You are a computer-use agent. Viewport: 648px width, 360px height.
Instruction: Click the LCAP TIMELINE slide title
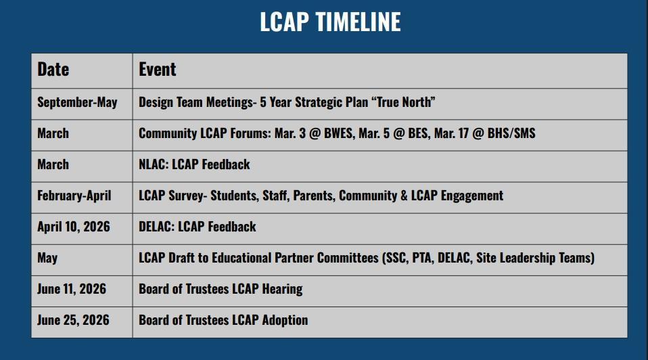(330, 22)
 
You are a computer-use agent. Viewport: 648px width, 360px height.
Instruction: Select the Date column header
(53, 69)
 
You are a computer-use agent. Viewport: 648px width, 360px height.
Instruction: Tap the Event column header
(157, 69)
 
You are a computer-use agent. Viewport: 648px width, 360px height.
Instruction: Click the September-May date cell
(77, 102)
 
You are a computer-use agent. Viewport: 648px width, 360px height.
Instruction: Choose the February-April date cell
(74, 196)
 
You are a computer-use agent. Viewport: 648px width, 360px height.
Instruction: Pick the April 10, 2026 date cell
(74, 227)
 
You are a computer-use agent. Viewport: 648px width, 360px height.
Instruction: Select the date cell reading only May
(47, 258)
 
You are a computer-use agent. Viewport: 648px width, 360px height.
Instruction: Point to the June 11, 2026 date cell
(72, 288)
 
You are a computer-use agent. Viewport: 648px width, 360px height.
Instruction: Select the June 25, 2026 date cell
(73, 320)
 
